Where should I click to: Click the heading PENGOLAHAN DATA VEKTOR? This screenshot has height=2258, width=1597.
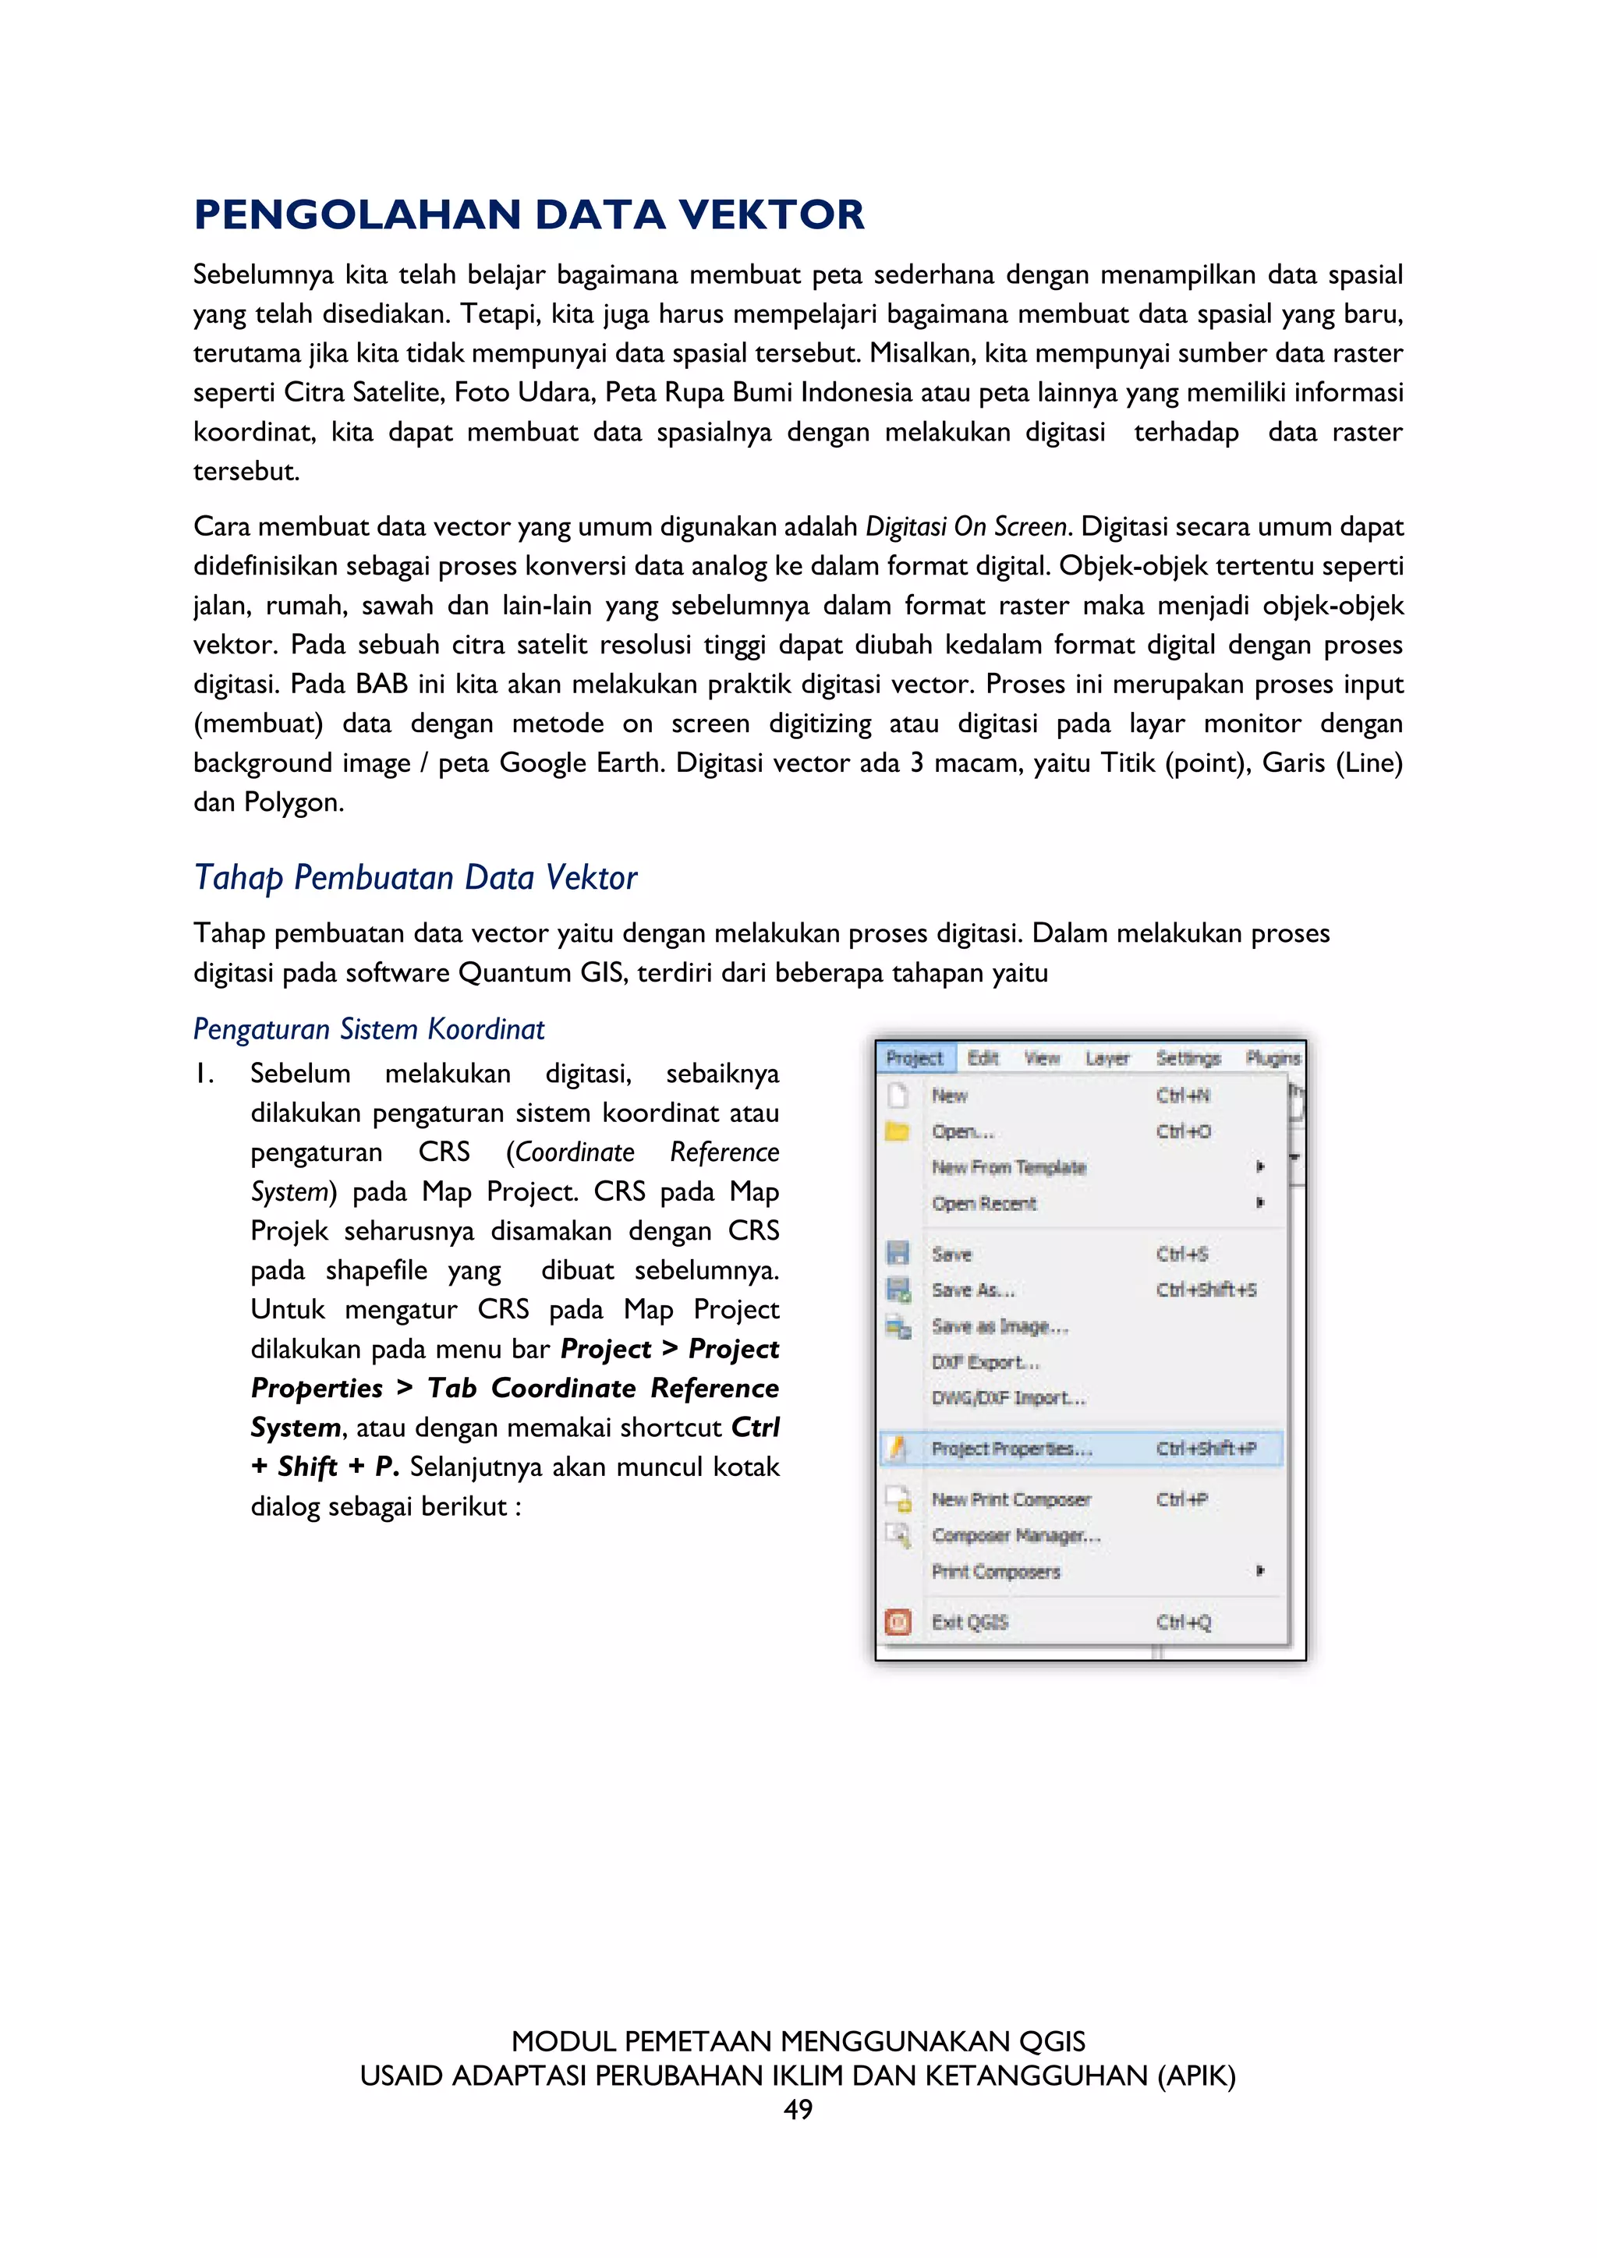coord(529,215)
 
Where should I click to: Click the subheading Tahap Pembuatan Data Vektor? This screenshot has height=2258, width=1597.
coord(415,877)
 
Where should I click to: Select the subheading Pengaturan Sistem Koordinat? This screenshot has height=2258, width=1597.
coord(368,1028)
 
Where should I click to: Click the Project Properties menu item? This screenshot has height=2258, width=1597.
coord(1011,1449)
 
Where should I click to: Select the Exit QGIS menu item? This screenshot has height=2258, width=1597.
coord(969,1622)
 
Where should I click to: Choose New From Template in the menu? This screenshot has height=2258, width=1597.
coord(1008,1167)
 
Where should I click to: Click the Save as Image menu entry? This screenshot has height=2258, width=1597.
coord(999,1327)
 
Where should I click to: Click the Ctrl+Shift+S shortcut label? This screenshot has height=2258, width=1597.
coord(1206,1290)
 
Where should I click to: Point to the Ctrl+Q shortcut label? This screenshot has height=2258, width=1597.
coord(1183,1622)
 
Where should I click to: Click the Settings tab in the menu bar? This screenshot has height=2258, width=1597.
coord(1188,1058)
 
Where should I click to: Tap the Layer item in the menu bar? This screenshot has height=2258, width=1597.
coord(1107,1058)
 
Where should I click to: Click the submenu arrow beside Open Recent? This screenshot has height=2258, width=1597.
coord(1259,1203)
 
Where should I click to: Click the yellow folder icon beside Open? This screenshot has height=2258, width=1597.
coord(897,1131)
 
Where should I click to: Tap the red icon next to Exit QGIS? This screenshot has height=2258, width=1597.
coord(898,1622)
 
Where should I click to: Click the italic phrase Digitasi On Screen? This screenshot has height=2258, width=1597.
coord(965,527)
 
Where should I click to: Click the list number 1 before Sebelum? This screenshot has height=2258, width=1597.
coord(204,1074)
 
